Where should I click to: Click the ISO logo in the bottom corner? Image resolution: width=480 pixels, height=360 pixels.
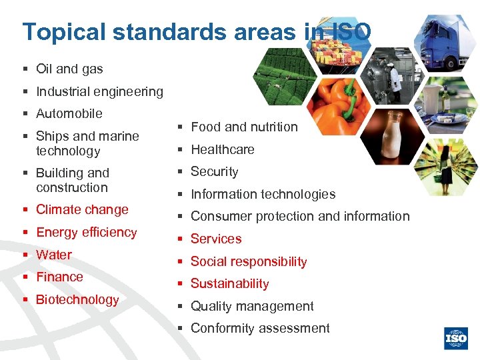(456, 338)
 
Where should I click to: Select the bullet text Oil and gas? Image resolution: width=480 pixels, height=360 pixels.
(69, 69)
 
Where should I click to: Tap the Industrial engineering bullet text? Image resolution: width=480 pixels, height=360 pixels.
(99, 91)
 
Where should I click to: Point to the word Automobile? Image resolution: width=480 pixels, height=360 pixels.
(69, 113)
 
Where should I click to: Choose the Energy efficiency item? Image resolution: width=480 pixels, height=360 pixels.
(86, 232)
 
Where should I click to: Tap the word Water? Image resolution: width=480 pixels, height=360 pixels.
(54, 255)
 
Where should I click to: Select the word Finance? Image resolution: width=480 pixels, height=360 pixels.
(59, 277)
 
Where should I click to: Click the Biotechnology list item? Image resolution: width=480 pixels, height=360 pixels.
(77, 299)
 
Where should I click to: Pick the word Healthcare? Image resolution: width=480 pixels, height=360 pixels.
(223, 149)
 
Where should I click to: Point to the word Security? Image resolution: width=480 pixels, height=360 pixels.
(214, 171)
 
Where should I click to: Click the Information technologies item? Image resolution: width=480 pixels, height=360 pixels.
(263, 194)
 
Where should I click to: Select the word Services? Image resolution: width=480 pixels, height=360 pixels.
(216, 239)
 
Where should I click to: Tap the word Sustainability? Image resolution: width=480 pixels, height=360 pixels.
(229, 283)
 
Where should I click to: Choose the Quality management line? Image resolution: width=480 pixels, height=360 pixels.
(252, 306)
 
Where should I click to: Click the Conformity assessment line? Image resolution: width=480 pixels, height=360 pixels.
(260, 328)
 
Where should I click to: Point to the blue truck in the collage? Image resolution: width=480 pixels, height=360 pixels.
(447, 40)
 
